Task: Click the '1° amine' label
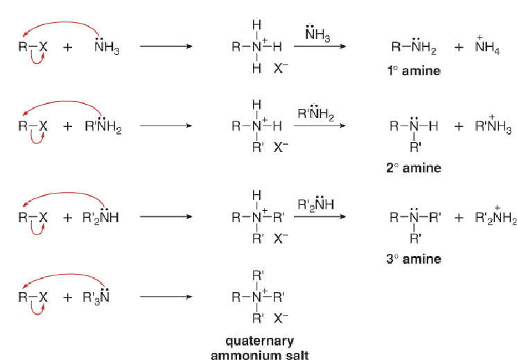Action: point(414,71)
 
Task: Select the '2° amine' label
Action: point(414,168)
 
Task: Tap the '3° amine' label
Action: point(414,259)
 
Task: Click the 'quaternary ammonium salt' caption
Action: point(260,348)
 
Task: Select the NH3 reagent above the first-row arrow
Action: point(317,33)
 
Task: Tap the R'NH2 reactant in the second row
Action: point(103,125)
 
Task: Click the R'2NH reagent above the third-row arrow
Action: point(315,204)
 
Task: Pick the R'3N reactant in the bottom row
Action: point(96,296)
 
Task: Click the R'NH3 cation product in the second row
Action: point(493,126)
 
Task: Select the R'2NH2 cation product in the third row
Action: point(496,217)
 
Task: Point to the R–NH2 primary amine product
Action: point(414,46)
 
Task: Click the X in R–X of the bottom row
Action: point(43,298)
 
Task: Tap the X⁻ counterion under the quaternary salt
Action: point(281,318)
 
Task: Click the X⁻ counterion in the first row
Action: point(281,68)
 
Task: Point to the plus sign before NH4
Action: point(459,47)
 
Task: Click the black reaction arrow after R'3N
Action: point(166,297)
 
